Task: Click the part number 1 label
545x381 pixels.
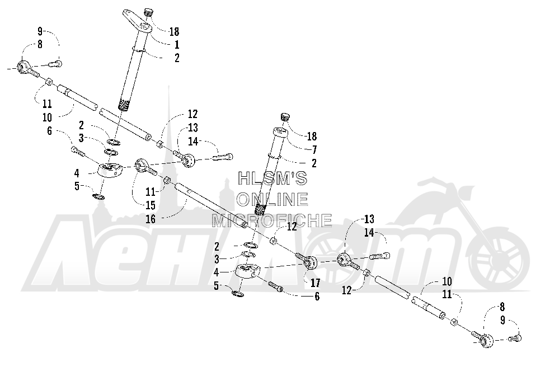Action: click(177, 45)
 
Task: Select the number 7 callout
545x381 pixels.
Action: click(314, 150)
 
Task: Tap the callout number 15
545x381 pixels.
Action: click(150, 205)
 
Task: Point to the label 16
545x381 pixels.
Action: click(151, 219)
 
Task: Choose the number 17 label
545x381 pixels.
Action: click(315, 283)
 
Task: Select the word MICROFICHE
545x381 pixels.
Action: click(272, 220)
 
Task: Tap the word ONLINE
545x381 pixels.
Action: click(272, 199)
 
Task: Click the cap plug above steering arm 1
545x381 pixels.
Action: click(149, 12)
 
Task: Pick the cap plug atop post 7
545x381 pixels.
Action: click(285, 117)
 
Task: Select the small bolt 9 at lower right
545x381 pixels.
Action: click(515, 337)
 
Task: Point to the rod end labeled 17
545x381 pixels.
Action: click(307, 261)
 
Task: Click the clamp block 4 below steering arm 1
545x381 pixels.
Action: click(110, 170)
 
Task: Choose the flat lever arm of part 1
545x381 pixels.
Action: click(137, 22)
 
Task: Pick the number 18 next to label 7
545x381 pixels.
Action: click(312, 137)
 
